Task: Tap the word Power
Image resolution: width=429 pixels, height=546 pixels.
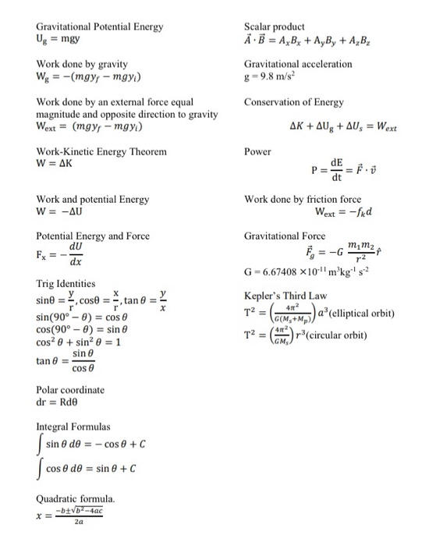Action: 257,151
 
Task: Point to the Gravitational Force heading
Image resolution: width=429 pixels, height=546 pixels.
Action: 285,236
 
